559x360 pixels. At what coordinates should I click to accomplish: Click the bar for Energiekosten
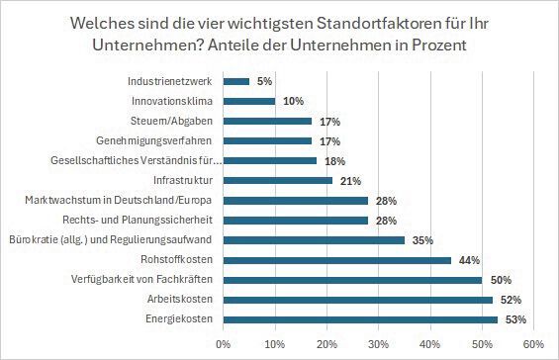[360, 319]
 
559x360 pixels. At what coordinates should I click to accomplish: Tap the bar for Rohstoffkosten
[336, 260]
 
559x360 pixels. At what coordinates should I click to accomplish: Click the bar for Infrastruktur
[277, 180]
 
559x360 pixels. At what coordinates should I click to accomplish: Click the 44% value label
[469, 260]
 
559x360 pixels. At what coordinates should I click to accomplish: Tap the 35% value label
[422, 239]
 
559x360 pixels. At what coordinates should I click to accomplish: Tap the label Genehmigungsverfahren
[157, 140]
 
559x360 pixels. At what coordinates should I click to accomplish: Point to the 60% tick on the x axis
[533, 343]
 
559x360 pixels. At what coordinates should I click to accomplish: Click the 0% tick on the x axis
[224, 343]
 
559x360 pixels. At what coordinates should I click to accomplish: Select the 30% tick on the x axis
[378, 343]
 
